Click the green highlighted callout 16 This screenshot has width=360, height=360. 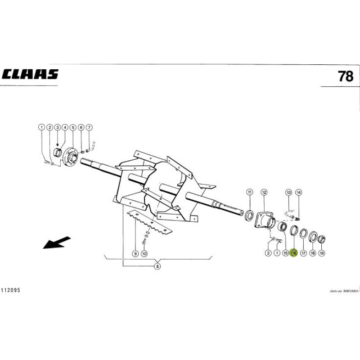coord(294,254)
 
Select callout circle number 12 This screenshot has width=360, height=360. coord(264,193)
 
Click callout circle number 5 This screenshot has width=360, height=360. coord(72,127)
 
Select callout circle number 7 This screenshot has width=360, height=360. coord(89,127)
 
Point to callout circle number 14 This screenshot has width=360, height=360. coord(298,193)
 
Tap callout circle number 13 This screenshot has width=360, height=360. coord(289,193)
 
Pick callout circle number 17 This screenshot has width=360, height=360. coord(303,254)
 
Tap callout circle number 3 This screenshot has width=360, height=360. coord(57,127)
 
